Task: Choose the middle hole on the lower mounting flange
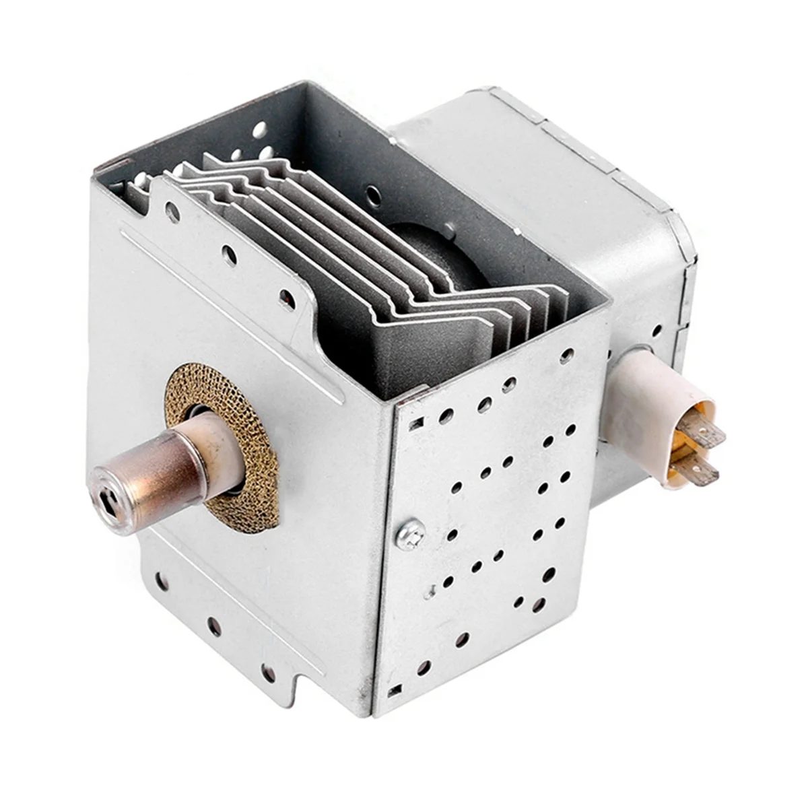click(x=213, y=627)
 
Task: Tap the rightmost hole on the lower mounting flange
click(x=268, y=671)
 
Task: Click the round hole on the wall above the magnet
click(x=371, y=193)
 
